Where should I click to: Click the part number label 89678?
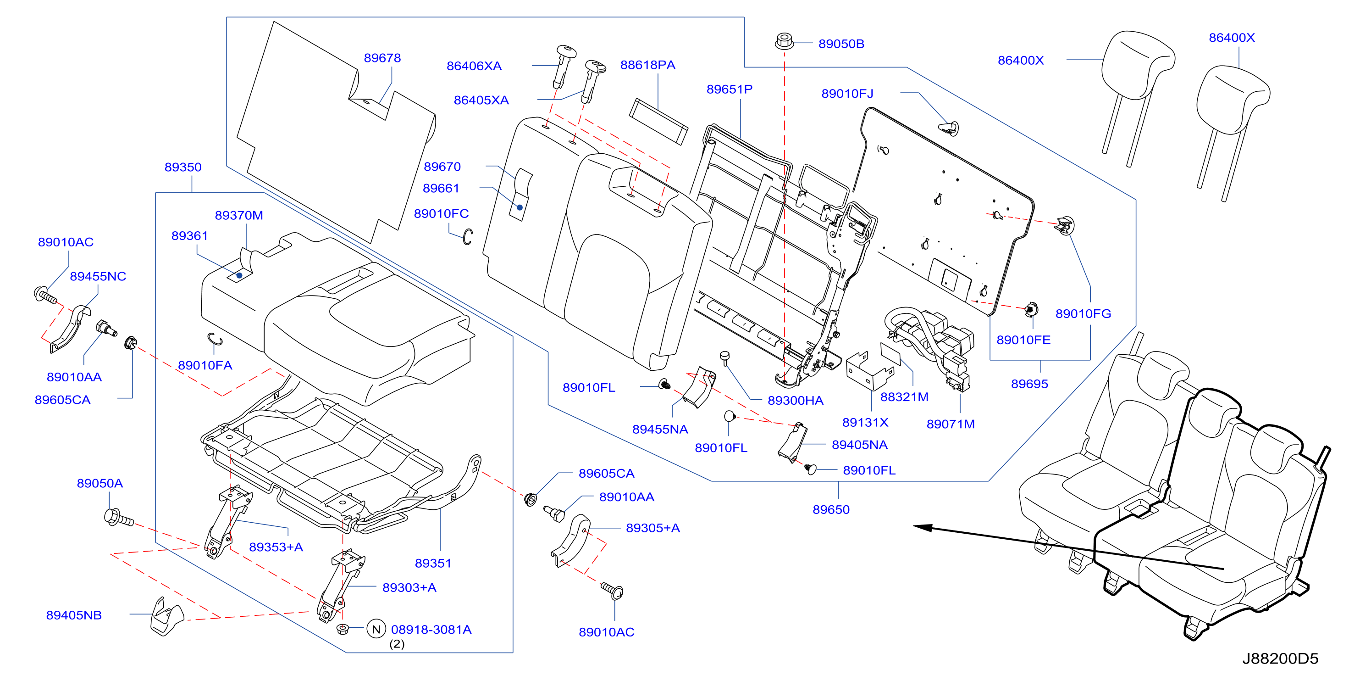click(x=382, y=57)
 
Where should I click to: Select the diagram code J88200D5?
click(x=1280, y=659)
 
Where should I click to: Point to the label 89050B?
click(x=841, y=44)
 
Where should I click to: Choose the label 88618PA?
click(x=648, y=65)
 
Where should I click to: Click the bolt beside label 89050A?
click(x=119, y=518)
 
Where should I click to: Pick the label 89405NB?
click(x=74, y=615)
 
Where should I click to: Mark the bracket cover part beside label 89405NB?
click(x=166, y=617)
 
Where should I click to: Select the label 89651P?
click(x=729, y=89)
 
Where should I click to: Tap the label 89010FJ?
click(x=847, y=94)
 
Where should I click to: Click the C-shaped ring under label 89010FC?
click(x=467, y=237)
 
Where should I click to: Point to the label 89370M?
click(x=239, y=215)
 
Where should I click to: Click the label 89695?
click(x=1029, y=384)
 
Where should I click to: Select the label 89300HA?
click(x=795, y=401)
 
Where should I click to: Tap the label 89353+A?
click(x=276, y=547)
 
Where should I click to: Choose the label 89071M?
click(x=951, y=424)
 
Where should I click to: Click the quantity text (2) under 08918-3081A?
click(x=397, y=644)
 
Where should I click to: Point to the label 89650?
click(x=831, y=509)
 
